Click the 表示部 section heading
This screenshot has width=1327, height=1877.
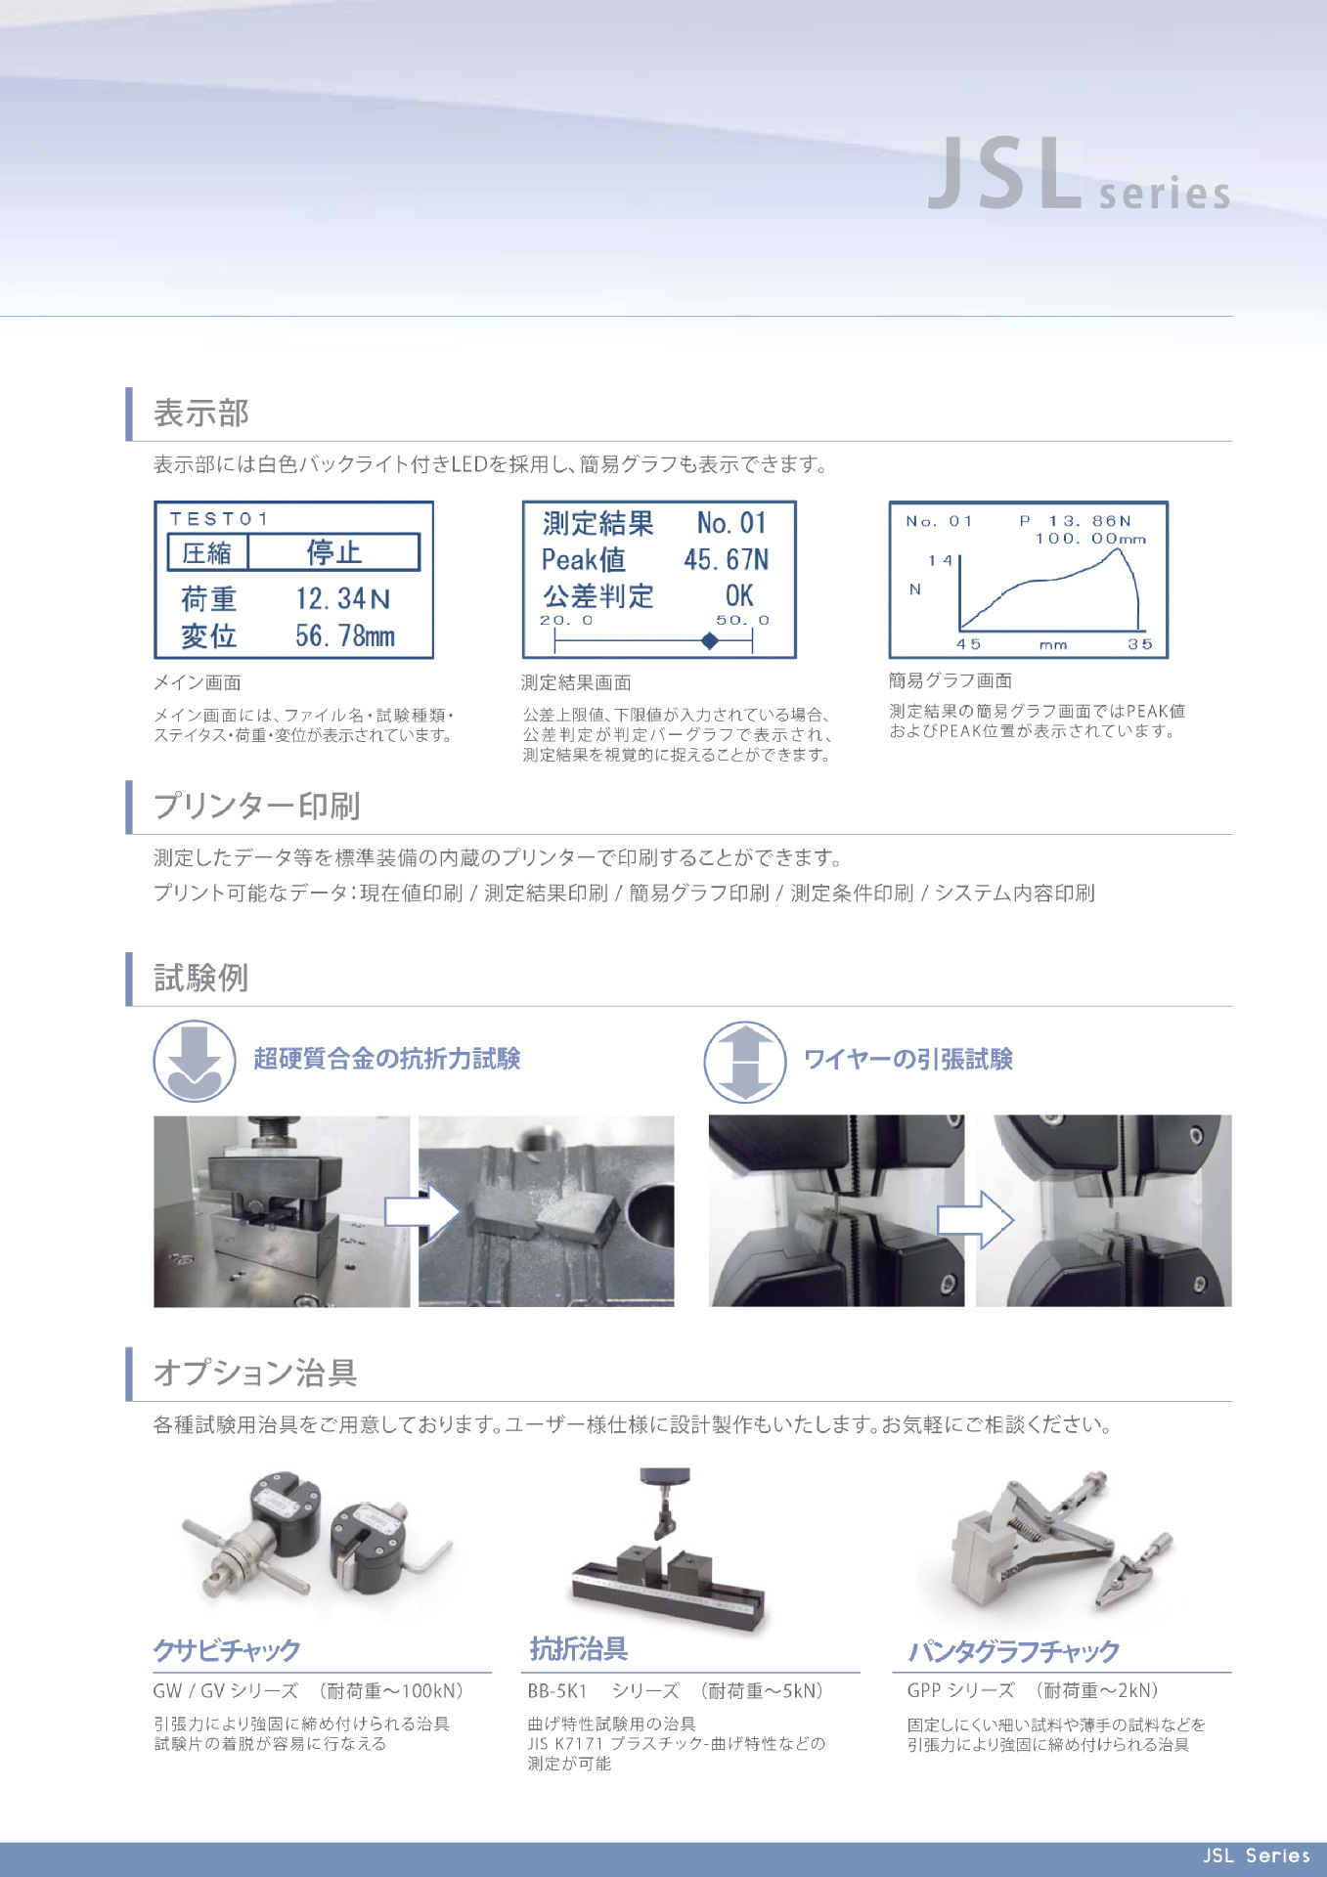[x=201, y=414]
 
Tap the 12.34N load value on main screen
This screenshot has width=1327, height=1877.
[x=342, y=598]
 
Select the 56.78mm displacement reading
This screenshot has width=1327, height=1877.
[x=344, y=636]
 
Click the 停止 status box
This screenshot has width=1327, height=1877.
[x=333, y=552]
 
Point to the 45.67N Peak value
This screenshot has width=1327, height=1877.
[x=726, y=560]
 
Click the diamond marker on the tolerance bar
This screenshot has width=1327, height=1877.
[x=710, y=641]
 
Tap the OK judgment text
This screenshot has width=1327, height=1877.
[x=738, y=596]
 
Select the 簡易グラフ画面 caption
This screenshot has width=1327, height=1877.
[x=950, y=680]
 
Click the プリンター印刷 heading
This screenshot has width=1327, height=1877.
[x=256, y=807]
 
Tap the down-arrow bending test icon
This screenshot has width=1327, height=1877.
[x=195, y=1061]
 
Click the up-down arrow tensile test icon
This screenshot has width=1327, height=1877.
[x=745, y=1062]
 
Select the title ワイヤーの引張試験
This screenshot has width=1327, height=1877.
[x=907, y=1060]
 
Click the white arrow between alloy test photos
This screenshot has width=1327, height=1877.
[x=421, y=1212]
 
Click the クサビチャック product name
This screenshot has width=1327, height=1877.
[x=227, y=1650]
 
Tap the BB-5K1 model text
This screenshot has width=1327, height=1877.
[x=557, y=1691]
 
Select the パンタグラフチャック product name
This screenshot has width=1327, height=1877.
[x=1013, y=1652]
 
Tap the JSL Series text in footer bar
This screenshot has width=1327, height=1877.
[x=1256, y=1855]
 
